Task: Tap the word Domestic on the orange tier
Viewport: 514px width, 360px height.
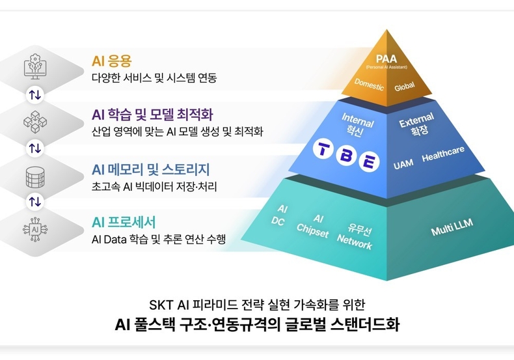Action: point(369,85)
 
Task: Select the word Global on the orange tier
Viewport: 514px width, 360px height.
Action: point(404,86)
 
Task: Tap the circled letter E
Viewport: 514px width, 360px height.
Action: point(369,161)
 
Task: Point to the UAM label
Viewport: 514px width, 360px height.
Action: point(403,165)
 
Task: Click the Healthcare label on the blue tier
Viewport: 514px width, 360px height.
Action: point(443,155)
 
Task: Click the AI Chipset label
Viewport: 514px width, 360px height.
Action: point(313,225)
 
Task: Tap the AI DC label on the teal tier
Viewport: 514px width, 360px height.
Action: point(280,215)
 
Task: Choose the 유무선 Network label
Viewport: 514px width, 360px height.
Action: point(355,237)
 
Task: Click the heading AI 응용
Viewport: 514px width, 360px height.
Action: point(112,61)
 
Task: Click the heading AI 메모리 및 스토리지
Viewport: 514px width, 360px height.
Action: point(151,170)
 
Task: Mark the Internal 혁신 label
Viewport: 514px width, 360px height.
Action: point(357,125)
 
